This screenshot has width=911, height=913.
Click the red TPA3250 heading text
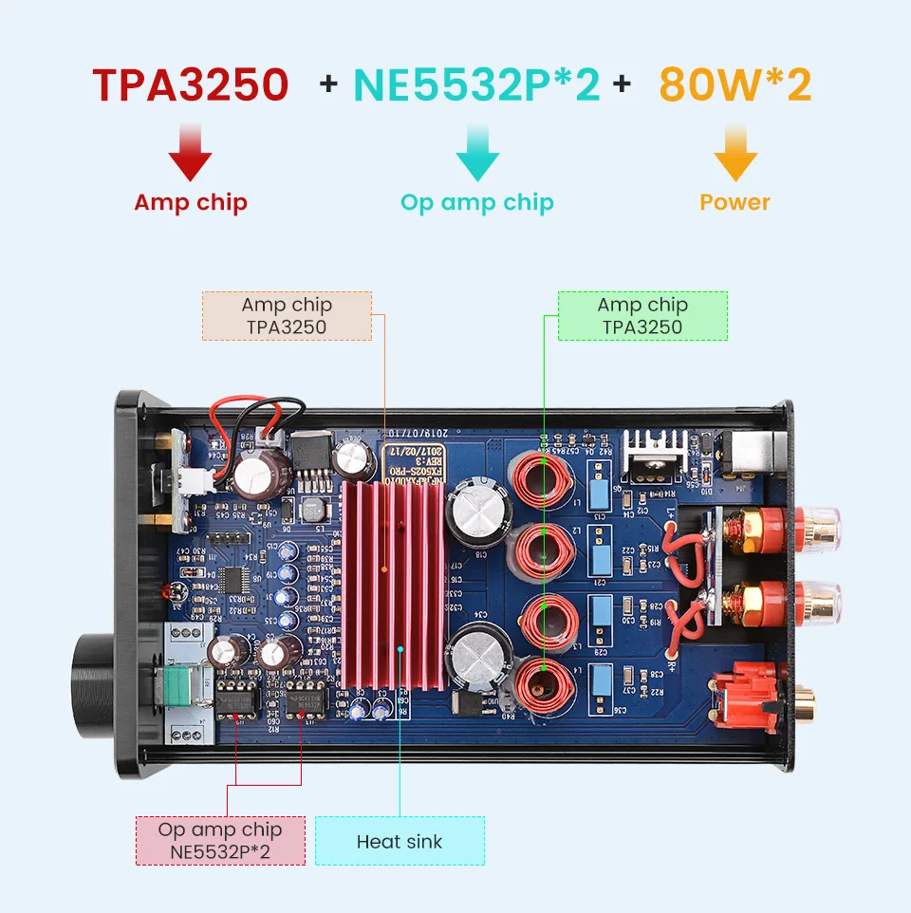tap(191, 84)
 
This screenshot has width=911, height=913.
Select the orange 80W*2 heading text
tap(735, 84)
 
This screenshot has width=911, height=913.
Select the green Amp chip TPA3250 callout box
tap(642, 316)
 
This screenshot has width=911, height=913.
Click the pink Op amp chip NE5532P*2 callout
tap(220, 840)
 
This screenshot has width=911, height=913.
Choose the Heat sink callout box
tap(400, 841)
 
